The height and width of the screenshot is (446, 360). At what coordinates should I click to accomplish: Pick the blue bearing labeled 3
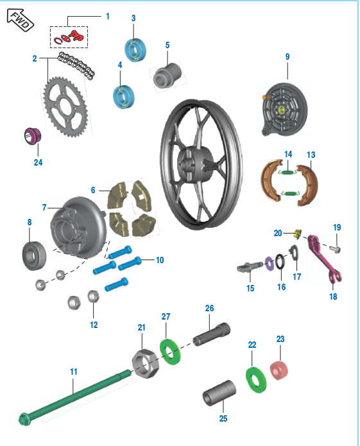(135, 49)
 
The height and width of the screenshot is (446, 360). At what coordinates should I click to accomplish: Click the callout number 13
(311, 155)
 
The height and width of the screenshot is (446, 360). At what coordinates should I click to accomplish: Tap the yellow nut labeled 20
(296, 234)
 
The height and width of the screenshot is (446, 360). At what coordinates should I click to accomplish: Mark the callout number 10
(160, 260)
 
